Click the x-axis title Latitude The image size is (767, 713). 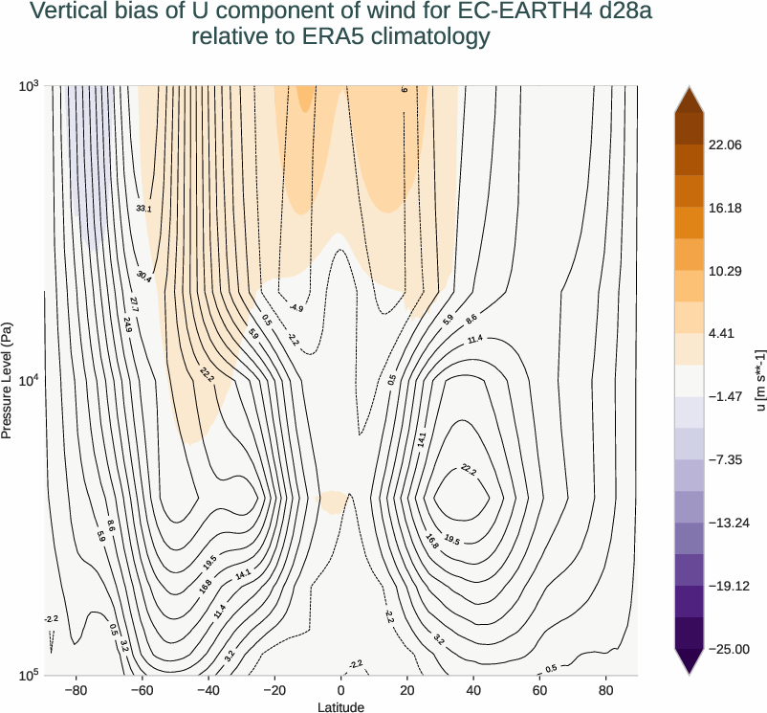(341, 706)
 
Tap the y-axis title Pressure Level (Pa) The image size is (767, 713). (8, 380)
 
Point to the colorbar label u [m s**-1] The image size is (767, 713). (760, 380)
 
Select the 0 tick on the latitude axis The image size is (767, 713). (341, 689)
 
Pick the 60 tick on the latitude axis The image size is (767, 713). (540, 689)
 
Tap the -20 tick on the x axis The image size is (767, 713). (274, 689)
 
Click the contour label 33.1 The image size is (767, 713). (143, 208)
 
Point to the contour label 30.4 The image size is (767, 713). (143, 276)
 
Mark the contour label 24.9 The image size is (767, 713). (128, 323)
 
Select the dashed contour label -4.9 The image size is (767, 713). (296, 308)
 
